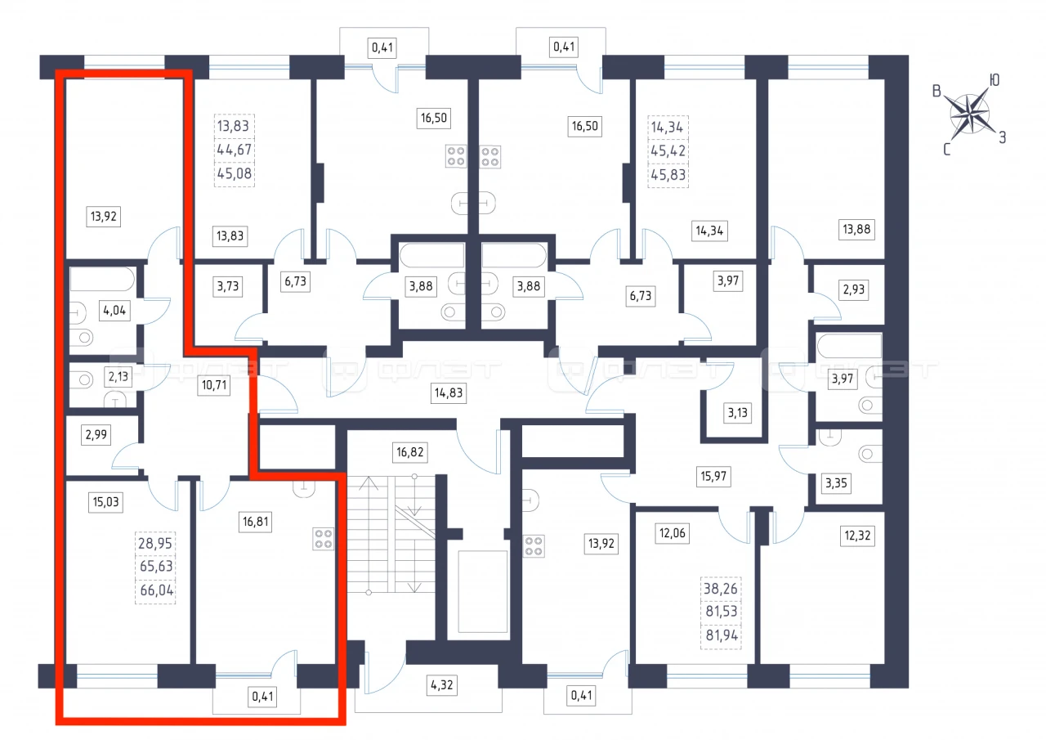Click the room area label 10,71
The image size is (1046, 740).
pos(214,385)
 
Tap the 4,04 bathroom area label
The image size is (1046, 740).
pos(114,310)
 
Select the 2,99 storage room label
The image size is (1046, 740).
pos(96,435)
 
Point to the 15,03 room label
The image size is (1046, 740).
pos(106,502)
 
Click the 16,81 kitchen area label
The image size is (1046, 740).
pos(256,522)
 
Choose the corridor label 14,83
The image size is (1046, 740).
pos(449,392)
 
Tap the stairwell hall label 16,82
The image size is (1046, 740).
pos(409,452)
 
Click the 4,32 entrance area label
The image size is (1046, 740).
pos(442,685)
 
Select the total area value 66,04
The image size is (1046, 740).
pos(156,590)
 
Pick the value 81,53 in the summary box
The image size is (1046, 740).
pos(722,611)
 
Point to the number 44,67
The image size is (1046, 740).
pos(235,150)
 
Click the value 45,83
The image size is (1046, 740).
pos(668,175)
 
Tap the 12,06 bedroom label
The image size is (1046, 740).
pos(673,533)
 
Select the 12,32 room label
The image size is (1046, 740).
pos(857,536)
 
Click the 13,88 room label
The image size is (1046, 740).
pos(856,230)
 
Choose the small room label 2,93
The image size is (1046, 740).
pos(854,289)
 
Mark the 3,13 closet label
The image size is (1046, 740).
pos(737,413)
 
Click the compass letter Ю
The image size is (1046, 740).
pos(995,80)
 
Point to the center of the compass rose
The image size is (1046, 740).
pos(970,114)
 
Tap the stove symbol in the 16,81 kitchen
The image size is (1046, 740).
pos(323,539)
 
